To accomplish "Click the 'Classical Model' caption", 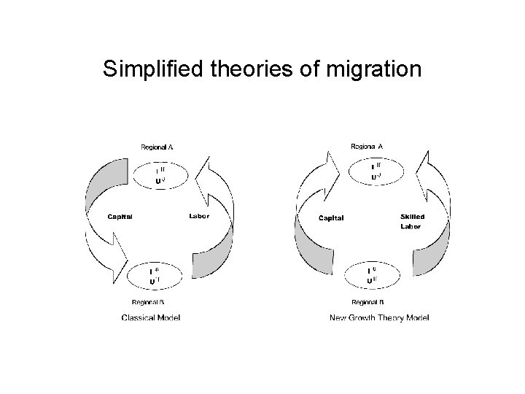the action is (x=151, y=317).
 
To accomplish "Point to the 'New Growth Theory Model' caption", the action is (x=379, y=317).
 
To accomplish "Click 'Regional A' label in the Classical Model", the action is (x=157, y=147).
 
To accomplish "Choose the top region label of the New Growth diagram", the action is (x=367, y=147).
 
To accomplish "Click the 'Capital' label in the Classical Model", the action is (x=120, y=216).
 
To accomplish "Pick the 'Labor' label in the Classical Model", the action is (x=199, y=216).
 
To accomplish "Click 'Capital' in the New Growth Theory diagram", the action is (x=331, y=217).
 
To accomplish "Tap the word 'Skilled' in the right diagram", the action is (x=412, y=217).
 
